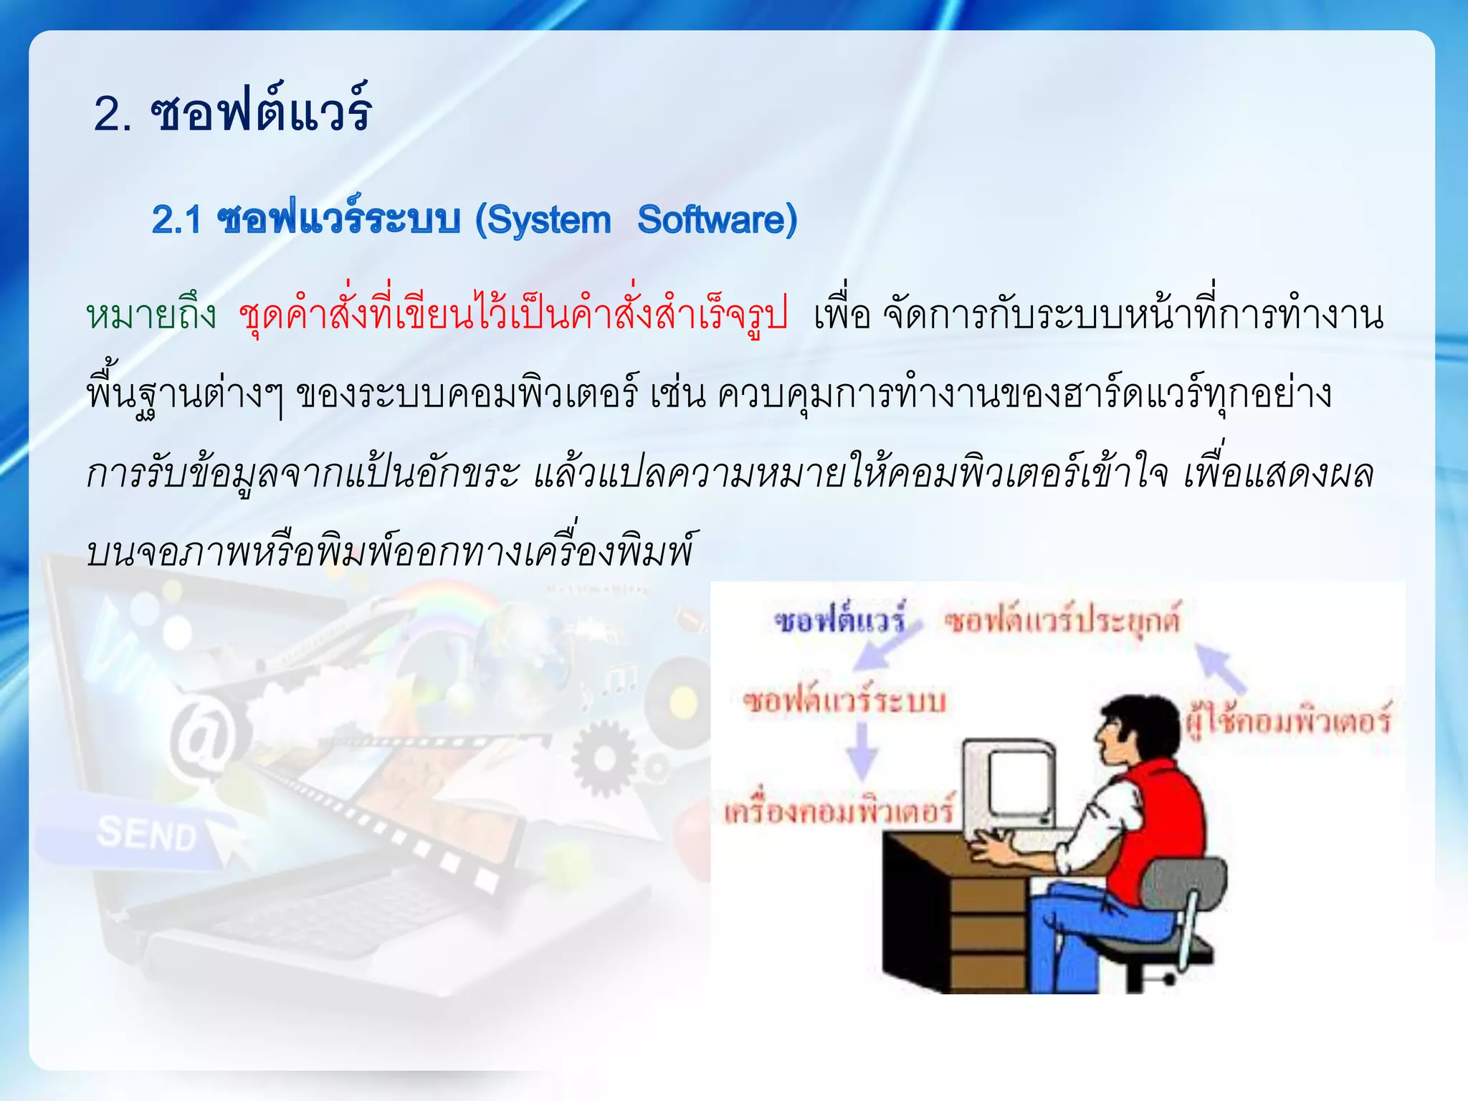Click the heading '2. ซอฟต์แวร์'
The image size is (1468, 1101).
[232, 113]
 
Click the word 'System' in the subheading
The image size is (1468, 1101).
[549, 220]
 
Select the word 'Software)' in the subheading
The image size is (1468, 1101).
[717, 220]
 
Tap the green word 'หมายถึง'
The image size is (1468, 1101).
[151, 315]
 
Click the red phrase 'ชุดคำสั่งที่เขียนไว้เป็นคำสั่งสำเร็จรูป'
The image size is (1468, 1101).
[513, 315]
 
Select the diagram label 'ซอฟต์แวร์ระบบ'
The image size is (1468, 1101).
[844, 700]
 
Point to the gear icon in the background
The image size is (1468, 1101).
[604, 758]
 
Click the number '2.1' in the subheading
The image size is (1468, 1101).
[176, 220]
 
